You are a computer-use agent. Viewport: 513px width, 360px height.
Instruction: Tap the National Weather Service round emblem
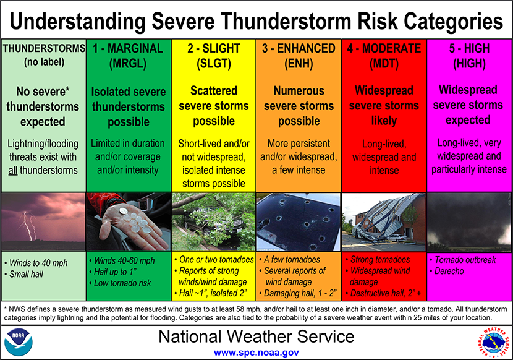[x=493, y=342]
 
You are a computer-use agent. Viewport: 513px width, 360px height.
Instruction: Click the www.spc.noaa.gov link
[x=256, y=352]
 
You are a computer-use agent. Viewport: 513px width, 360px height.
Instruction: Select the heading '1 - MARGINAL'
[x=129, y=49]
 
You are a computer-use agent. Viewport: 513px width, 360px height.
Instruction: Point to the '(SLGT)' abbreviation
[x=213, y=63]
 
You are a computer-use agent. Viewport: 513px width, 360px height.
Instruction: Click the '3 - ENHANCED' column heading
[x=299, y=49]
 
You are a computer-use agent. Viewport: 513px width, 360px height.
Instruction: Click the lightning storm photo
[x=43, y=221]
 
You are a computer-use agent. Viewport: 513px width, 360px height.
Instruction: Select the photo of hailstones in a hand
[x=129, y=221]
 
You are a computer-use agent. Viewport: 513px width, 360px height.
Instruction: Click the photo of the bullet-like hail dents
[x=299, y=221]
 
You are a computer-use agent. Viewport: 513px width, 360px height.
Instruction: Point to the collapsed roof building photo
[x=384, y=221]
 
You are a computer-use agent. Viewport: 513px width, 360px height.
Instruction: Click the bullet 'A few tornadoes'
[x=292, y=260]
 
